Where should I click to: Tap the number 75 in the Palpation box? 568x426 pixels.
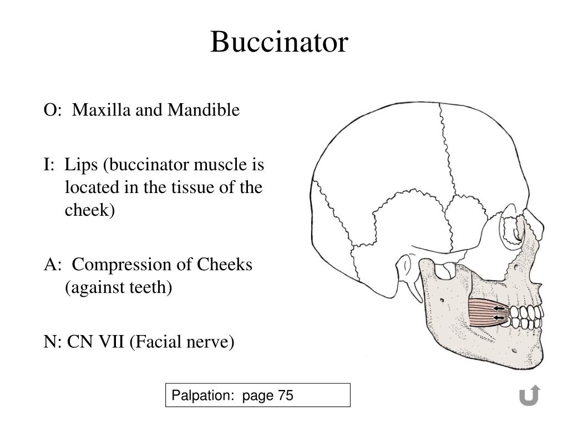coord(286,395)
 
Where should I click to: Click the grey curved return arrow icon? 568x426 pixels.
coord(529,395)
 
